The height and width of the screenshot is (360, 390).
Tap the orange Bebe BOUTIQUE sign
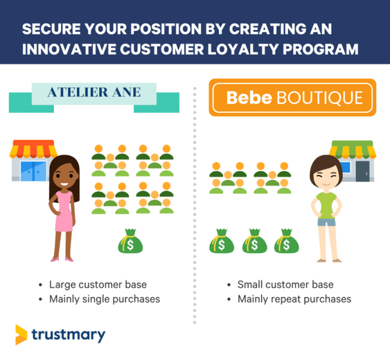coord(293,97)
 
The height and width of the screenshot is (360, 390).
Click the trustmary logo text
coord(69,335)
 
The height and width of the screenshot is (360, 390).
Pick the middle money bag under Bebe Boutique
coord(254,242)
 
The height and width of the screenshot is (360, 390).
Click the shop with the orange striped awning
coord(30,161)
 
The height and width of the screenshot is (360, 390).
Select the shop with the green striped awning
coord(353,161)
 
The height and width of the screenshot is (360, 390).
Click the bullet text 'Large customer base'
coord(98,285)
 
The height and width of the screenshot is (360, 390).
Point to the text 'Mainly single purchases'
coord(105,299)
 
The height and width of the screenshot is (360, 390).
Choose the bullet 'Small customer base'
coord(285,285)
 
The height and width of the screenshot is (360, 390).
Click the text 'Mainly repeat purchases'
coord(294,299)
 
